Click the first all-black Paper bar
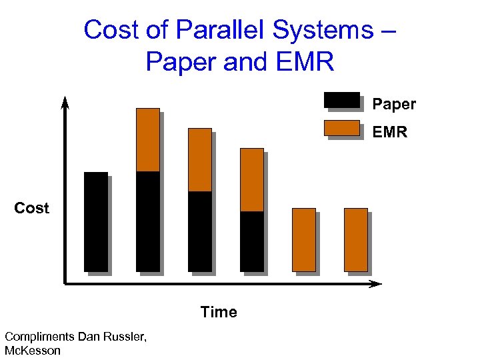click(96, 221)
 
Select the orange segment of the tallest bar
click(148, 139)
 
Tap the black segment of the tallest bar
click(148, 221)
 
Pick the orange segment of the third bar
click(200, 159)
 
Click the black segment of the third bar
click(200, 231)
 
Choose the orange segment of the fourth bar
click(252, 179)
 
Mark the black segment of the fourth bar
click(252, 241)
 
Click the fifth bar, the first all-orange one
click(304, 239)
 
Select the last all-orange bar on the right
click(356, 239)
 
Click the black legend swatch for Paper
click(342, 100)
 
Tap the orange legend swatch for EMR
click(342, 128)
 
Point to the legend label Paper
click(394, 104)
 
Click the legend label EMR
click(390, 132)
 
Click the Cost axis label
click(32, 208)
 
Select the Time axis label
click(219, 312)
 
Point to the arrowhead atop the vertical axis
click(65, 102)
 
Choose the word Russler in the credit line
click(125, 337)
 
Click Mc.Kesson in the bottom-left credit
click(32, 351)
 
